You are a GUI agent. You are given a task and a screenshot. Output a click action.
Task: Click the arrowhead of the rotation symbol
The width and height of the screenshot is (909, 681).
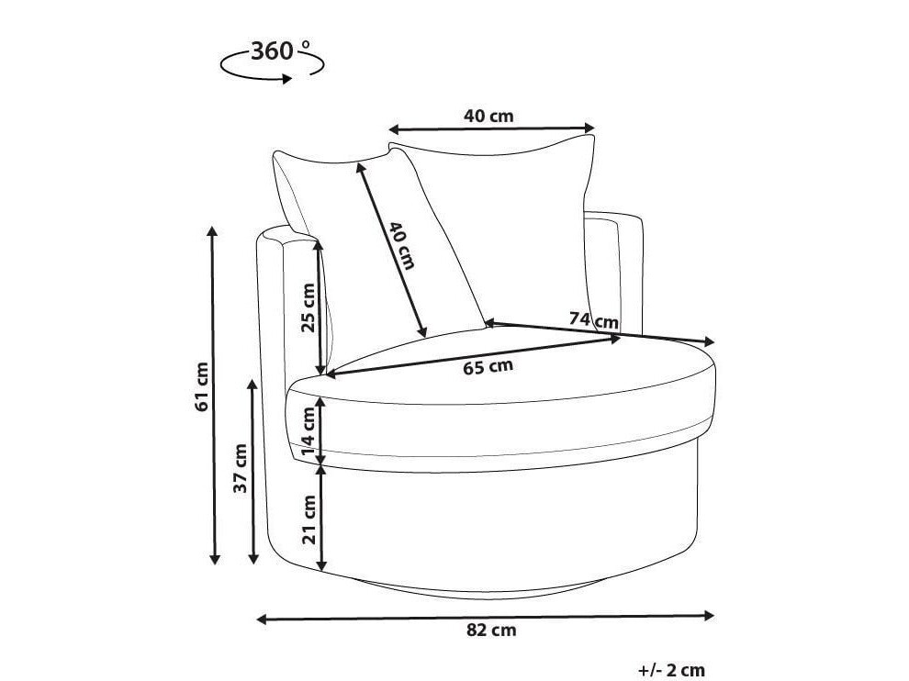pyautogui.click(x=286, y=79)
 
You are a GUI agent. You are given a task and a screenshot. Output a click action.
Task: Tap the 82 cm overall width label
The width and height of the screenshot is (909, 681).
pyautogui.click(x=491, y=630)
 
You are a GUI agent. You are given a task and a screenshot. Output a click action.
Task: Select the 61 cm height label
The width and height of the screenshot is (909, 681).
pyautogui.click(x=202, y=386)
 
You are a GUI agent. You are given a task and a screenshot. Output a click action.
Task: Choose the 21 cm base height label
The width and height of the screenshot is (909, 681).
pyautogui.click(x=309, y=519)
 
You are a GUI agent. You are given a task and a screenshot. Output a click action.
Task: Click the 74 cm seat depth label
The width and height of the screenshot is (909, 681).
pyautogui.click(x=594, y=319)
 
